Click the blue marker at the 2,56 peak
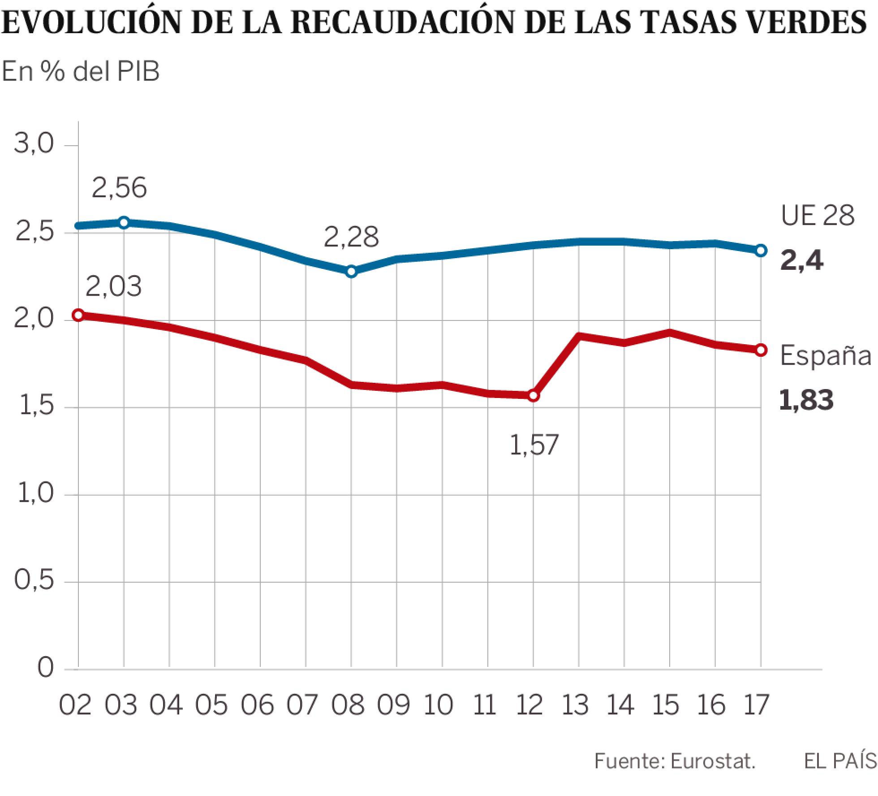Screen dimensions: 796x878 pos(124,222)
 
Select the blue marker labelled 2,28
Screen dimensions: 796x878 pos(352,271)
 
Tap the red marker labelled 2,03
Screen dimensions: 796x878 pos(78,315)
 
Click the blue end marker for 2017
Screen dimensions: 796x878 pos(760,251)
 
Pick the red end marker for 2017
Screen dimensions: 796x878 pos(760,350)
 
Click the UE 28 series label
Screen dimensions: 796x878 pos(818,216)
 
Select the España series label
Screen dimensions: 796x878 pos(826,356)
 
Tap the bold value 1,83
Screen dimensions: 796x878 pos(806,400)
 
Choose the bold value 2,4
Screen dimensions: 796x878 pos(801,261)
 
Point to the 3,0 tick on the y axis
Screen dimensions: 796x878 pos(34,144)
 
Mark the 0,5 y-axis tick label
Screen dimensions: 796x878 pos(34,581)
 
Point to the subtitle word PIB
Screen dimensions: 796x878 pos(138,72)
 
